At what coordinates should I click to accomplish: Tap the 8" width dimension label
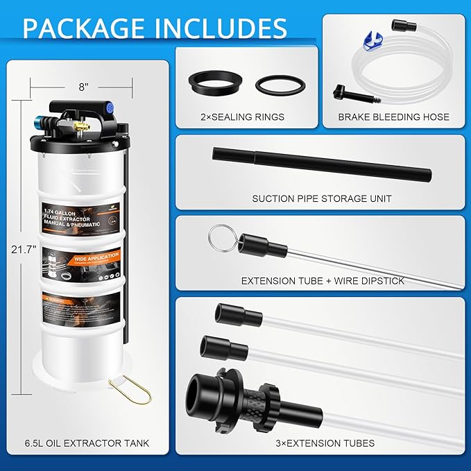coord(85,87)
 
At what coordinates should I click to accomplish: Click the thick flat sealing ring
coord(214,85)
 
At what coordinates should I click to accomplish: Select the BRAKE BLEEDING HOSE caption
coord(393,117)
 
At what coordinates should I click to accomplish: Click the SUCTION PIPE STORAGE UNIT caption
coord(321,198)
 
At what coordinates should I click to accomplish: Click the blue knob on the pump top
coord(108,109)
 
